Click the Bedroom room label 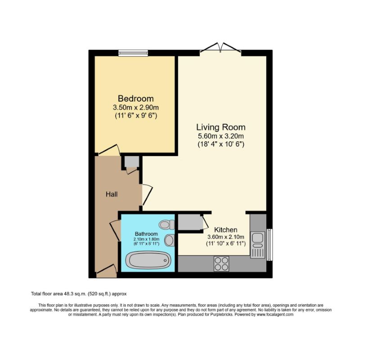pyautogui.click(x=135, y=99)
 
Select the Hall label pyautogui.click(x=112, y=194)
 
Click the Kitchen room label pyautogui.click(x=225, y=229)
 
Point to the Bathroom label pyautogui.click(x=147, y=234)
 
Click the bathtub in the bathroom pyautogui.click(x=147, y=260)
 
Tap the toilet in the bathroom pyautogui.click(x=166, y=224)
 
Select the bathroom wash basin pyautogui.click(x=169, y=240)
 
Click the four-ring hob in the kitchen pyautogui.click(x=221, y=263)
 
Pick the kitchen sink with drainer pyautogui.click(x=258, y=244)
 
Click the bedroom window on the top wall pyautogui.click(x=133, y=53)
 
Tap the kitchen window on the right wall pyautogui.click(x=269, y=244)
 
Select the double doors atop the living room pyautogui.click(x=220, y=49)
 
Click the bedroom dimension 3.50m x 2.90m pyautogui.click(x=135, y=108)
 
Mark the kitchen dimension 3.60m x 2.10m pyautogui.click(x=225, y=237)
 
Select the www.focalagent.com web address pyautogui.click(x=275, y=315)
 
